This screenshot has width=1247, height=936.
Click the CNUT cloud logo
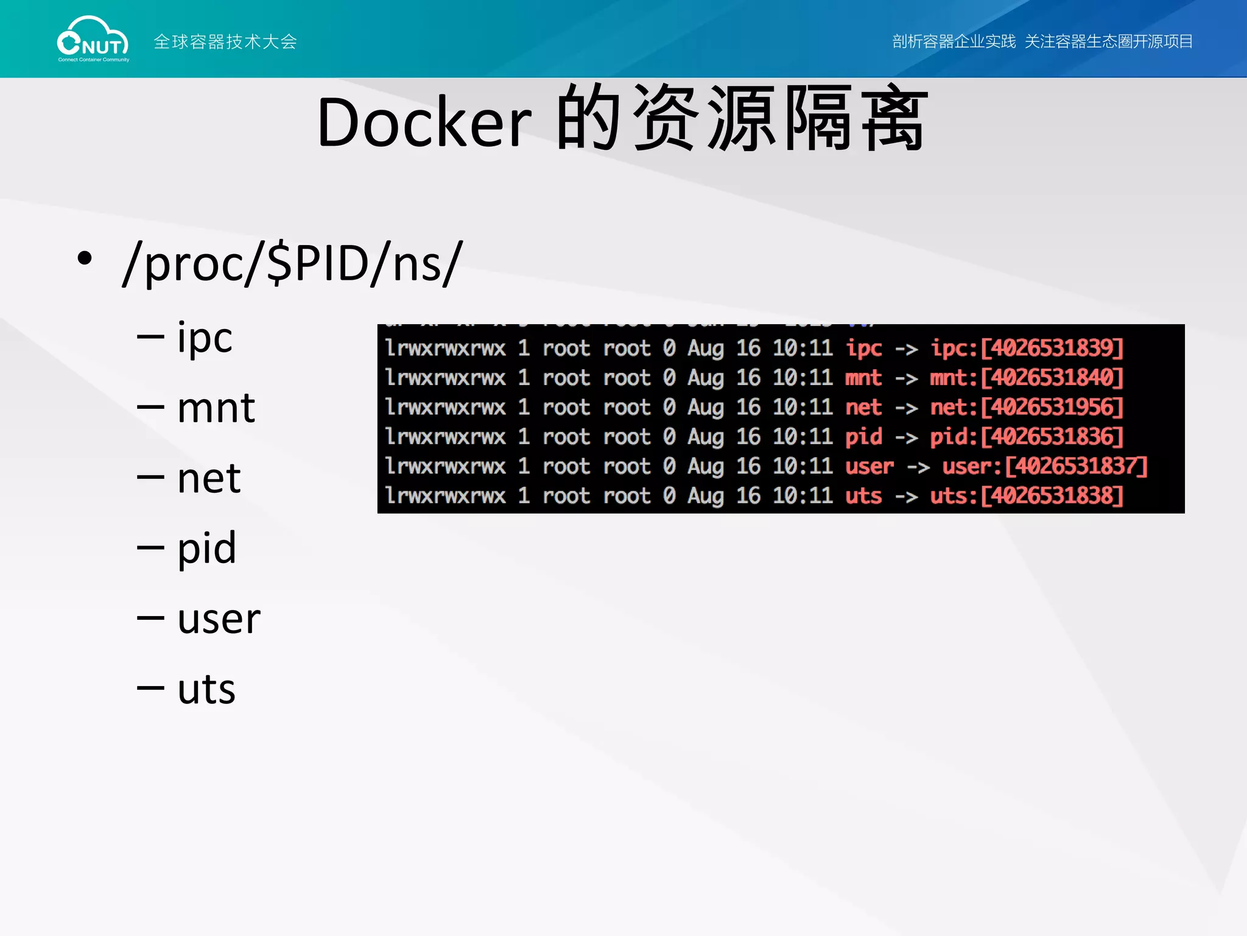coord(93,39)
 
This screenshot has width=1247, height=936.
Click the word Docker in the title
coord(424,123)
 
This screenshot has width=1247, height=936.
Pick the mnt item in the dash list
coord(216,408)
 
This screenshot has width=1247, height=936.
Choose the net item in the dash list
coord(209,478)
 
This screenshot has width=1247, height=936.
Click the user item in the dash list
coord(219,619)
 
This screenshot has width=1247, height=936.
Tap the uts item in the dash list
coord(206,689)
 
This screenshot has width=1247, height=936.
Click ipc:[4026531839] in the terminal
coord(1027,348)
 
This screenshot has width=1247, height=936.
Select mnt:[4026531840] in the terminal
coord(1027,378)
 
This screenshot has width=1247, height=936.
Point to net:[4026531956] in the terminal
coord(1027,407)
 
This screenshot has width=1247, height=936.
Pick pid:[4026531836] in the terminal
coord(1027,436)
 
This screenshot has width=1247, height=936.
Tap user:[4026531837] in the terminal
coord(1045,466)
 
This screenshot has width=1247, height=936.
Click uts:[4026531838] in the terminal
coord(1027,495)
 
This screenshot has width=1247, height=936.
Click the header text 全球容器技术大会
coord(225,41)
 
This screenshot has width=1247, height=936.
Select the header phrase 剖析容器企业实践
coord(954,41)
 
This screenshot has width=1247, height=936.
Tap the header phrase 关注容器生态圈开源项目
coord(1108,41)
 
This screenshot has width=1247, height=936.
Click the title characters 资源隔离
coord(779,119)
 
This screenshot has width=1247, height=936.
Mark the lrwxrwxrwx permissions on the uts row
coord(445,495)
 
